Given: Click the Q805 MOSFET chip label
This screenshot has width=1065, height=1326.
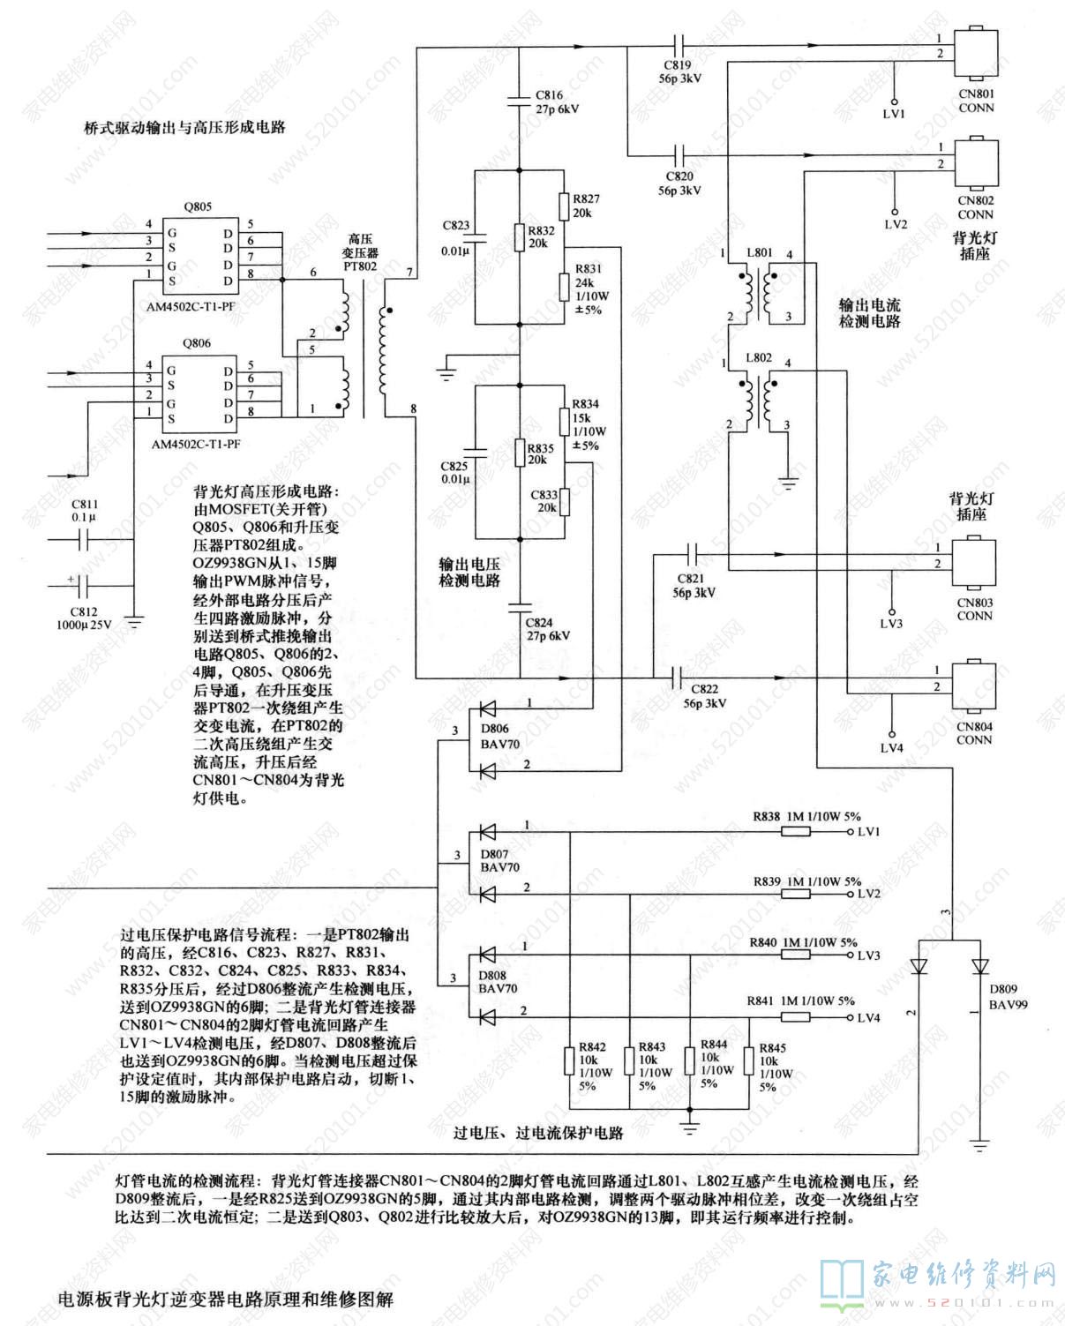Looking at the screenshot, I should click(x=198, y=206).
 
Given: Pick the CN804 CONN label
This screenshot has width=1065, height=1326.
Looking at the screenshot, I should click(x=974, y=733).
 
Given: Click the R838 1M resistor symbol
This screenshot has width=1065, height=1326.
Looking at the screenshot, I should click(x=796, y=832).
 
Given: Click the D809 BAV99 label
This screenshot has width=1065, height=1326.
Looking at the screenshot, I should click(x=1008, y=997).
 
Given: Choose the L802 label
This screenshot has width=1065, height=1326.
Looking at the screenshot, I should click(x=759, y=358).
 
